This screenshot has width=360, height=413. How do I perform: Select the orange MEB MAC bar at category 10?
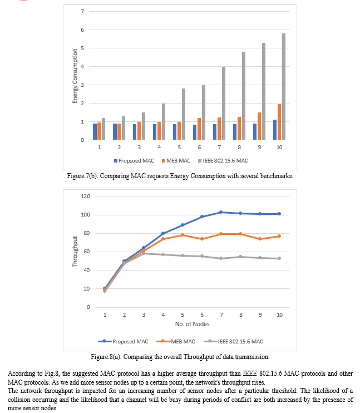point(279,122)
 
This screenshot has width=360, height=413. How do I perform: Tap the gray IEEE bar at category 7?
point(224,103)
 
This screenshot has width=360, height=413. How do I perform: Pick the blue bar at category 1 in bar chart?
point(95,132)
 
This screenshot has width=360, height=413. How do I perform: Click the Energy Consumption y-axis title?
point(75,76)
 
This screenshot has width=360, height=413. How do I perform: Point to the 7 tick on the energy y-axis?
point(82,12)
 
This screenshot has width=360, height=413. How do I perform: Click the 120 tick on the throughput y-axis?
point(85,196)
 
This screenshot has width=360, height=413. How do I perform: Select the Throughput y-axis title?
point(75,252)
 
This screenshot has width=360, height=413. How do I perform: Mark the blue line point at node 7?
point(221,212)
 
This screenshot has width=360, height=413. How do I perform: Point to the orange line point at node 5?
point(182,235)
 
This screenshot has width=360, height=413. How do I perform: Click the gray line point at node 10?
point(279,258)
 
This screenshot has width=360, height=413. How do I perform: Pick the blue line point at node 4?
point(163,233)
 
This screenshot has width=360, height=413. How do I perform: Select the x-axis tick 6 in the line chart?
point(201,315)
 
